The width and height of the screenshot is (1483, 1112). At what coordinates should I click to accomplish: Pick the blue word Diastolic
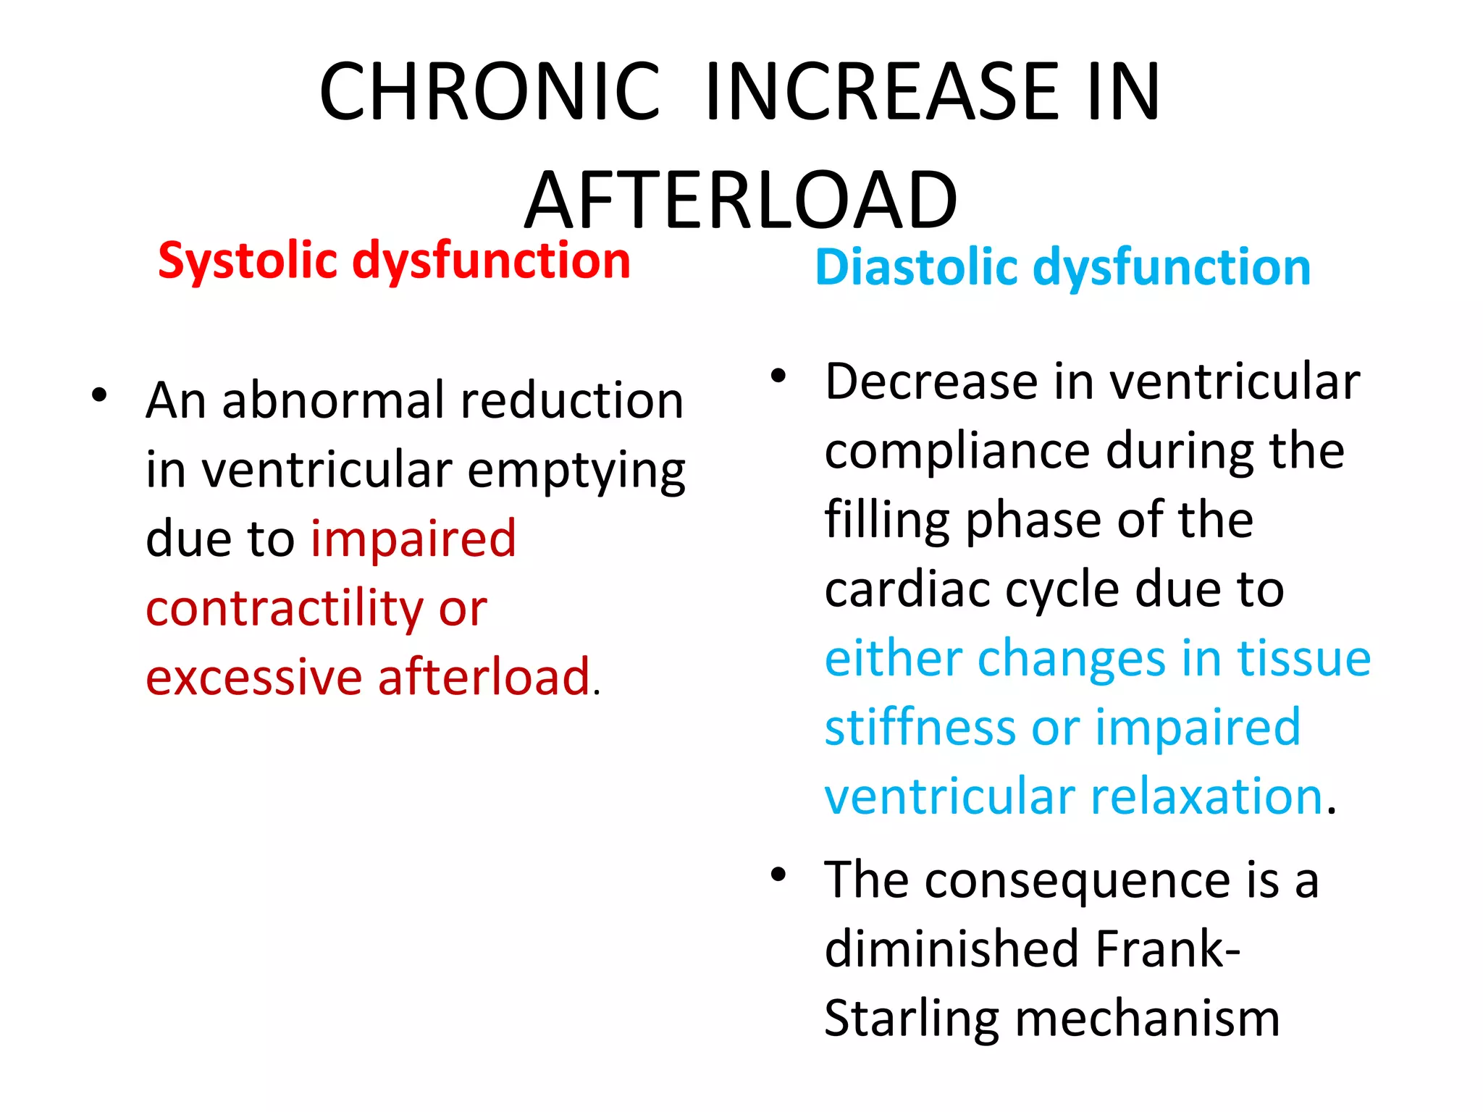pos(916,267)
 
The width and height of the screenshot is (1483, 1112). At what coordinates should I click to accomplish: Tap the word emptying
pos(576,471)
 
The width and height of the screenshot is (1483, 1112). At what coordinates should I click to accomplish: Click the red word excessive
pos(253,678)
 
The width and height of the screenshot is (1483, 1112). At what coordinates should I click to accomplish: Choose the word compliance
pos(957,452)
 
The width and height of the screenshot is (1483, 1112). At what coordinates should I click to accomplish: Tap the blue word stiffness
pos(920,728)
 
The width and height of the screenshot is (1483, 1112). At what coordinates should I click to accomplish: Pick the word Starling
pos(912,1019)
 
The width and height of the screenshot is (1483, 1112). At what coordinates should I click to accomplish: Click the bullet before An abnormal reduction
pos(99,395)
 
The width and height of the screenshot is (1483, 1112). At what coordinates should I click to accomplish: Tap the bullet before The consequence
pos(778,875)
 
